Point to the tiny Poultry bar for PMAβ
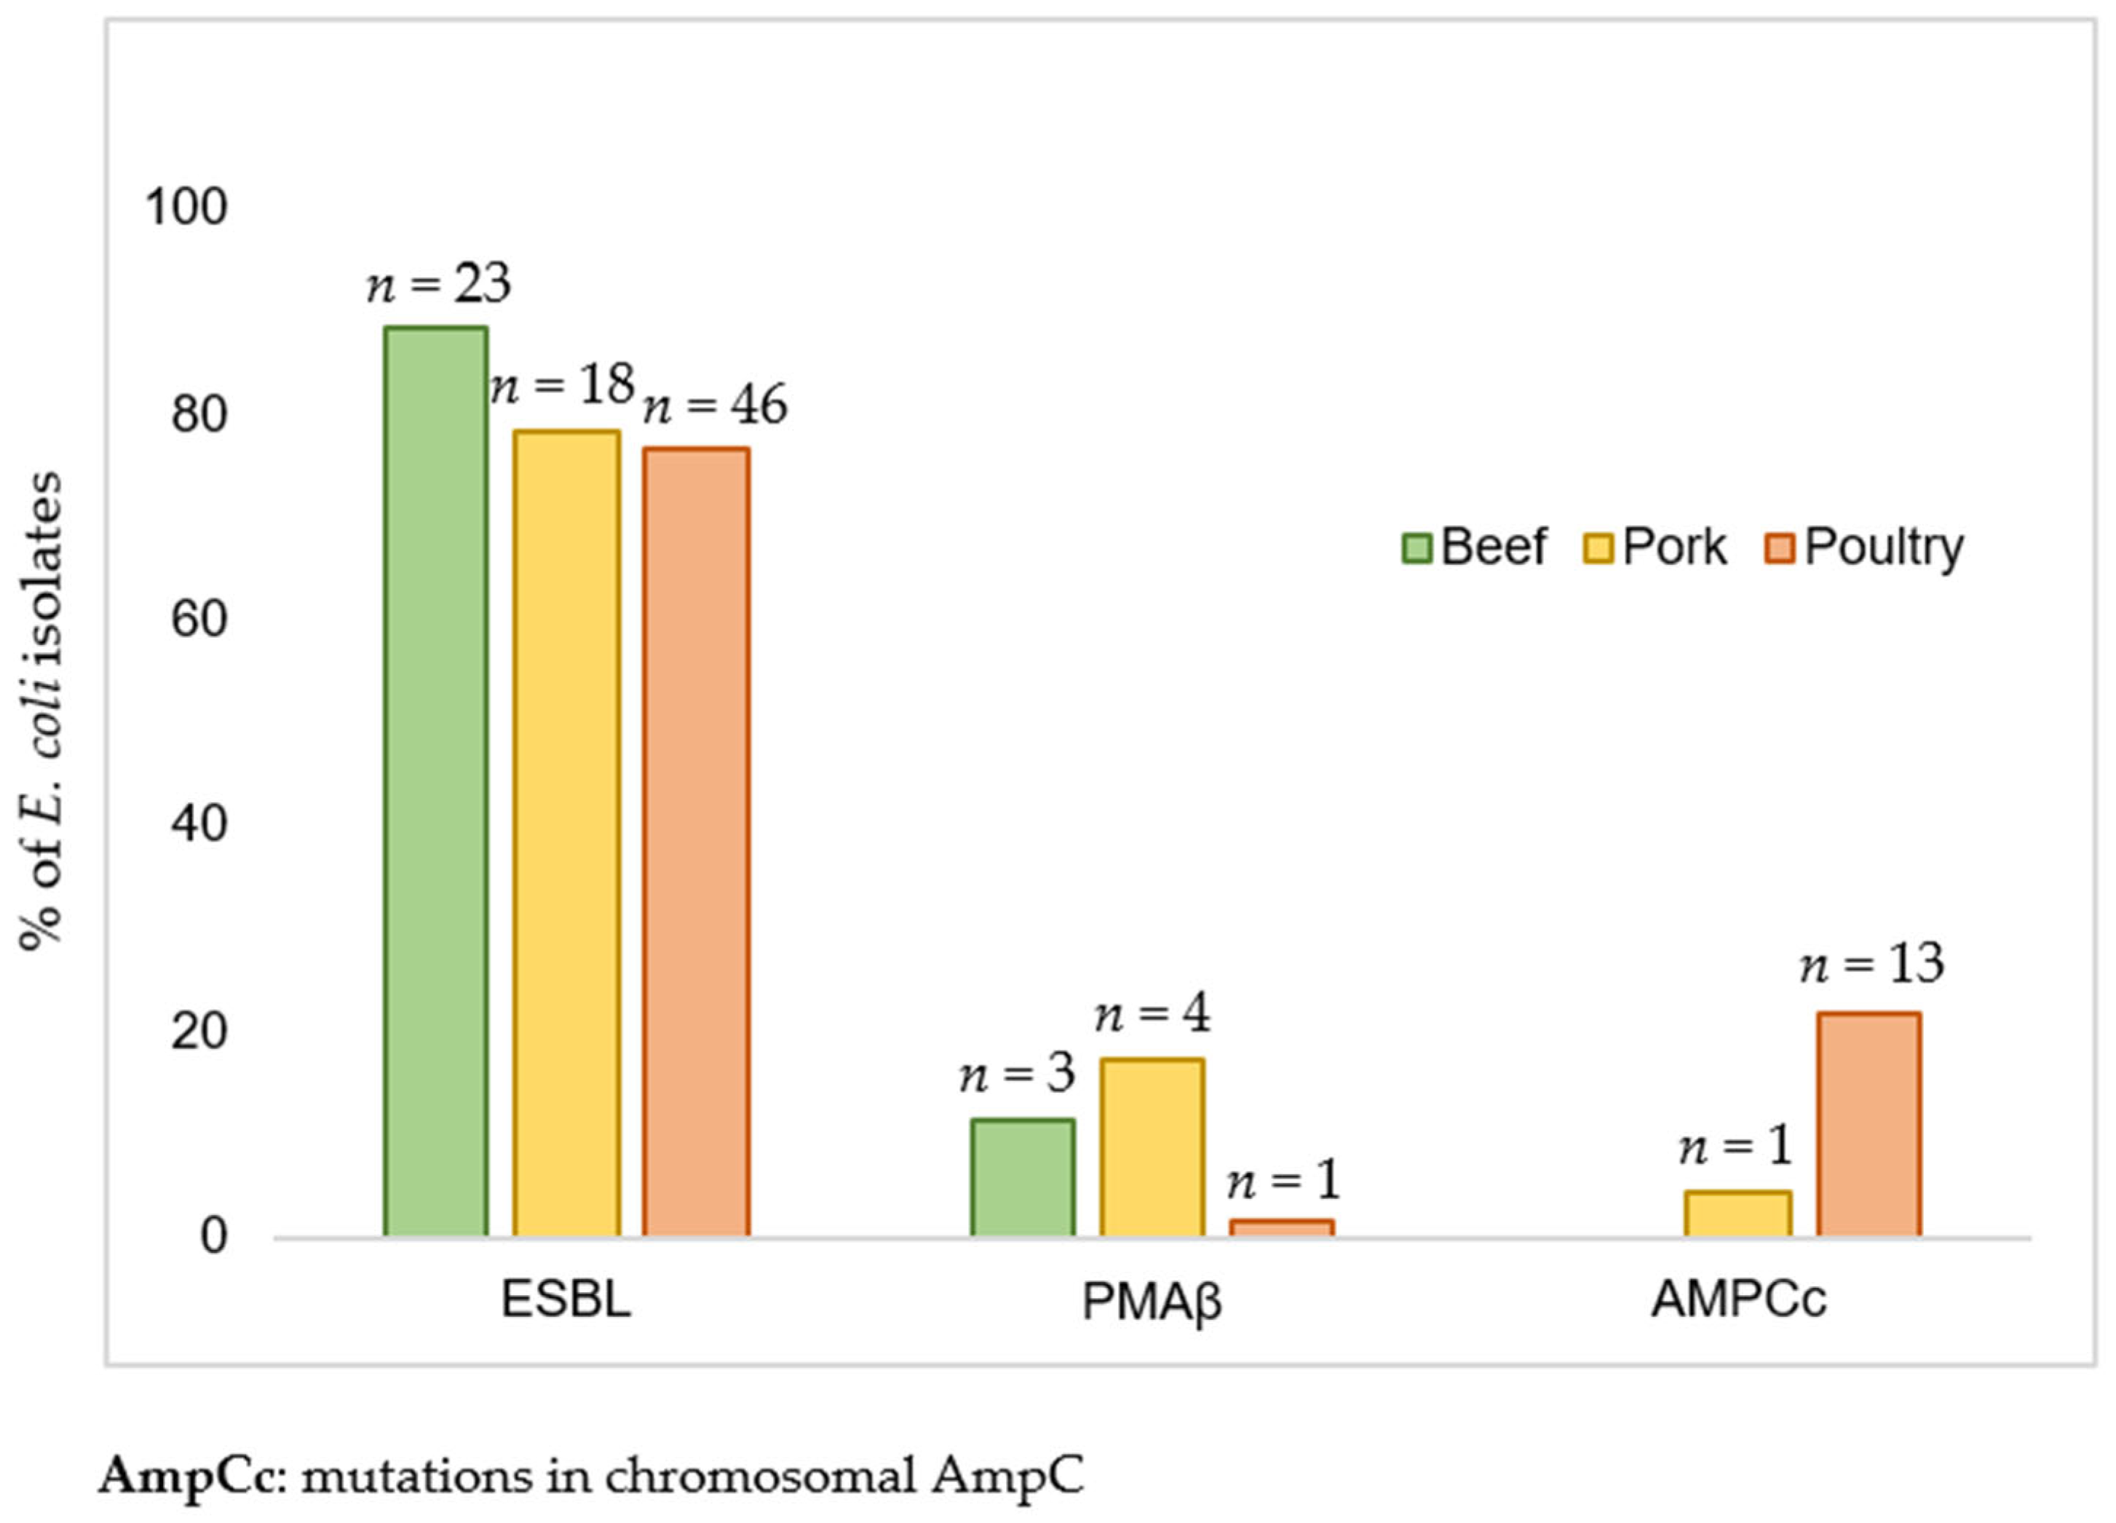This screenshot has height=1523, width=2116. pyautogui.click(x=1281, y=1227)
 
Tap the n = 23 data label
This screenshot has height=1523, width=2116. pyautogui.click(x=438, y=284)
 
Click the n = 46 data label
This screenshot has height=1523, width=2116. pyautogui.click(x=716, y=405)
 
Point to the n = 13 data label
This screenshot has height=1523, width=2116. pyautogui.click(x=1871, y=964)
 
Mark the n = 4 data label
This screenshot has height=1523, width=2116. pyautogui.click(x=1152, y=1013)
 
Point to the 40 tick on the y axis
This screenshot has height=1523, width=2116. pyautogui.click(x=199, y=824)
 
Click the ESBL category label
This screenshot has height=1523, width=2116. pyautogui.click(x=566, y=1299)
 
